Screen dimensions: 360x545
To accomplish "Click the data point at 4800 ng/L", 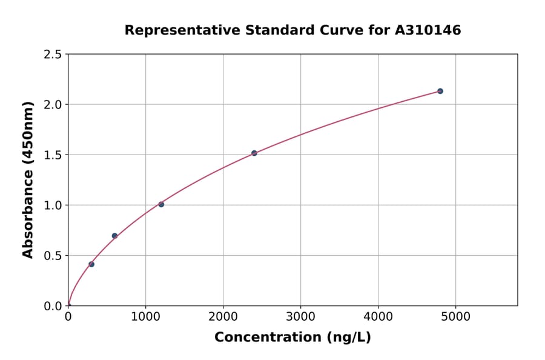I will pos(440,91).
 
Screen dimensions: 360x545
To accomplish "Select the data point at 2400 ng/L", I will pos(254,153).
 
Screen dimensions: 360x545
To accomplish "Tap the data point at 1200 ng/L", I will pos(161,204).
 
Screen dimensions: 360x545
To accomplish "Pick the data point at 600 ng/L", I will pos(114,236).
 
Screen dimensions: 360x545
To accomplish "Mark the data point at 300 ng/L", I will pos(91,264).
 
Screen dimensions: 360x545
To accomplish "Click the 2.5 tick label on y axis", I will pos(53,55).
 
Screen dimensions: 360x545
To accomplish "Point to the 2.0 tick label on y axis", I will pos(53,105).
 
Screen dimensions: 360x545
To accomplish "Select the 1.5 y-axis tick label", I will pos(53,155).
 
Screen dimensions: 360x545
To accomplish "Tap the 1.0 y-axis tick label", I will pos(53,205).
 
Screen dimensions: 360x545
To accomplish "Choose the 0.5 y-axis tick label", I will pos(53,256).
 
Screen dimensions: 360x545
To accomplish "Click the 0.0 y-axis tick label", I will pos(53,306).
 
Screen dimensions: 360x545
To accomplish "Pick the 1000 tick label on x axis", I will pos(145,317).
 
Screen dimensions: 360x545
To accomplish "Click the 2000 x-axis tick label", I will pos(223,317).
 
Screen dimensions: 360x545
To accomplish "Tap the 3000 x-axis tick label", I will pos(300,317).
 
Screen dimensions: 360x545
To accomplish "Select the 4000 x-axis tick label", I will pos(378,317).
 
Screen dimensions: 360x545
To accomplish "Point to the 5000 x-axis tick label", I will pos(455,317).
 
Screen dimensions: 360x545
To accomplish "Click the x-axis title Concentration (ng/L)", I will pos(292,338).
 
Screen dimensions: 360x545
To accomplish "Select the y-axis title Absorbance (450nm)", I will pos(28,180).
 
